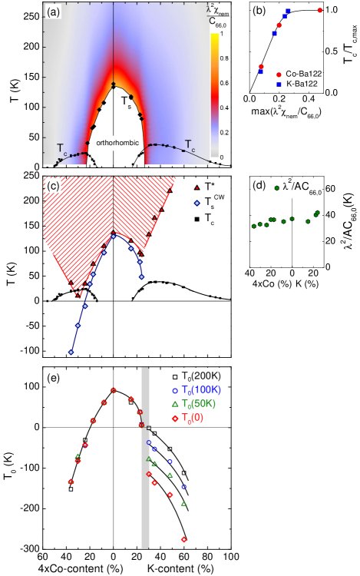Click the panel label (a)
point(54,12)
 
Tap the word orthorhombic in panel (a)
point(113,144)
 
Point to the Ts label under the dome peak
point(125,100)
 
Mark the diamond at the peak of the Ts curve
point(114,84)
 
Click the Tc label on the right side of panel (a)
point(190,143)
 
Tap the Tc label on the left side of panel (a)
point(61,147)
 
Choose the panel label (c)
point(54,186)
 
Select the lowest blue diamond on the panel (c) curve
point(71,353)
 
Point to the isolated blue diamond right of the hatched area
point(197,203)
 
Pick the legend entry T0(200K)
point(198,376)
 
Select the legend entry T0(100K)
point(198,390)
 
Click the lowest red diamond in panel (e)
point(183,539)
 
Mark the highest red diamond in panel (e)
point(113,390)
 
